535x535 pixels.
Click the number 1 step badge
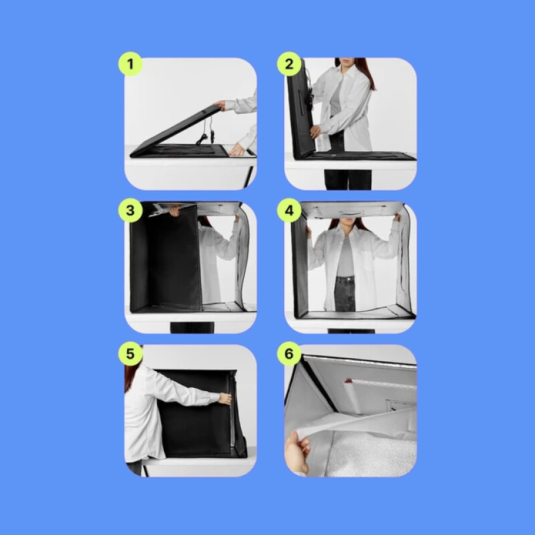coord(130,64)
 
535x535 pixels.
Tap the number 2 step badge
coord(289,64)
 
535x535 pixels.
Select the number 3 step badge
coord(130,210)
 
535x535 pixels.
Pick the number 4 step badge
coord(289,210)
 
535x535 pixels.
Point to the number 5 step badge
coord(130,354)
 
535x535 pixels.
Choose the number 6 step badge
coord(289,354)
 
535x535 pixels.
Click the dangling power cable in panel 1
coord(207,131)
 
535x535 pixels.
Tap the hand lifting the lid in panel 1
coord(220,105)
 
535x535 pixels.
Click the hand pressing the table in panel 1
coord(237,149)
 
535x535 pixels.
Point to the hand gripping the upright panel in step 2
coord(315,131)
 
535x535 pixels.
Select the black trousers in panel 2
coord(348,179)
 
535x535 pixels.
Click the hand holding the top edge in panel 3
coord(175,211)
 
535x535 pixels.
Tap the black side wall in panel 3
coord(165,257)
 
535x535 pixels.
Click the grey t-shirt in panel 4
coord(345,257)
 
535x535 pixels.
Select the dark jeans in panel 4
coord(344,294)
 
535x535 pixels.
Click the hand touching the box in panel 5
coord(225,399)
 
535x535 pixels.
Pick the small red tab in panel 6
coord(348,381)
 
